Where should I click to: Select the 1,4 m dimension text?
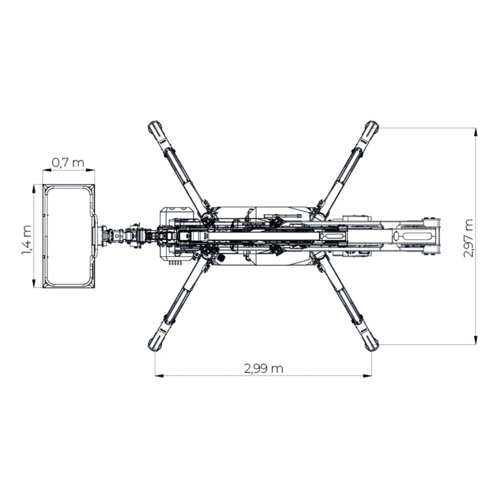tap(27, 239)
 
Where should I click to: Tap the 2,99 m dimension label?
tap(264, 368)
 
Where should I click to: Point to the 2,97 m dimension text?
tap(468, 238)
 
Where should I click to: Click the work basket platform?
tap(68, 236)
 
